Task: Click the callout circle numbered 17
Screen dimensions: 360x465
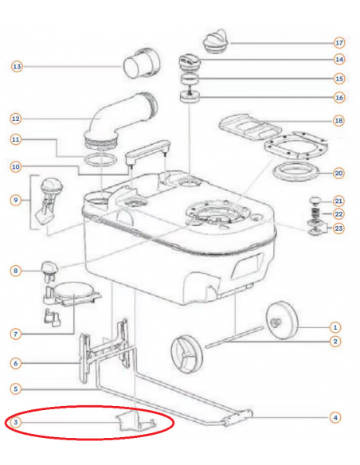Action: point(339,43)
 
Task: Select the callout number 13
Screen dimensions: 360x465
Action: point(17,66)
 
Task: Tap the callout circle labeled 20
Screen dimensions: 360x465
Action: point(338,173)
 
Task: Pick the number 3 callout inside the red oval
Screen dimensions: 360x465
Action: point(16,422)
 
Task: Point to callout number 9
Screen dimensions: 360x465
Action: point(16,200)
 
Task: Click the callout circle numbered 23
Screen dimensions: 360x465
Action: point(338,229)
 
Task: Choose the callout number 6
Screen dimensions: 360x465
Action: point(16,363)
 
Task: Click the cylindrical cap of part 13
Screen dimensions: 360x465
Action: point(141,63)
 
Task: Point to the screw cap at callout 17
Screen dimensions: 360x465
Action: point(215,41)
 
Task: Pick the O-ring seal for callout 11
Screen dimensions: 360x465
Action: point(101,159)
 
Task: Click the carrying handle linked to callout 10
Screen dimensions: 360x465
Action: point(147,151)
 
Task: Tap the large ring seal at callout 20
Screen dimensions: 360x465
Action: point(295,171)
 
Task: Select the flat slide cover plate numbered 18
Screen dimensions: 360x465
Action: point(249,127)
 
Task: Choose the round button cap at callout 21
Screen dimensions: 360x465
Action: point(316,201)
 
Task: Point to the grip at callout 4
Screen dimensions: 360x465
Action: point(237,417)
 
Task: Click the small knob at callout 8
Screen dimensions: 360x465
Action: point(49,270)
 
